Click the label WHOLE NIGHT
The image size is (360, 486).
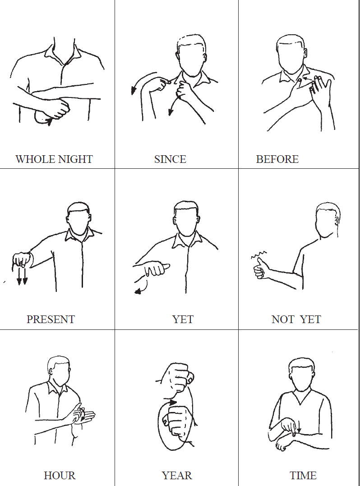tap(54, 159)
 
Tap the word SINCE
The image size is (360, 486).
tap(170, 159)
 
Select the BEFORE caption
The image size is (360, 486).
tap(277, 159)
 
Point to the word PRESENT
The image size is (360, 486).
tap(51, 319)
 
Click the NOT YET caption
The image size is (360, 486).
tap(296, 319)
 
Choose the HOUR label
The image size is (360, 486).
tap(60, 476)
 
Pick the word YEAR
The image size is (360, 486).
tap(177, 476)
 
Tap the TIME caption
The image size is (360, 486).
tap(303, 476)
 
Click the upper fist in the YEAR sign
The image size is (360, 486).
tap(178, 377)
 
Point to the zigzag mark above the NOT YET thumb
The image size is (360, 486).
tap(258, 255)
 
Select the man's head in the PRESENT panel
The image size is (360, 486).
tap(78, 218)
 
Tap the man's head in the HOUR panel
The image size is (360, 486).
tap(59, 371)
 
